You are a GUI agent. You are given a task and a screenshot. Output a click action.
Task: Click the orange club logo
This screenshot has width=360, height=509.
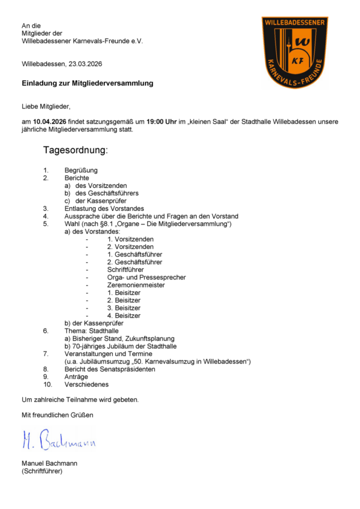click(295, 53)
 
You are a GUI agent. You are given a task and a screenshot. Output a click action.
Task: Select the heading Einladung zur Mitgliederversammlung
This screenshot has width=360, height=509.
click(88, 84)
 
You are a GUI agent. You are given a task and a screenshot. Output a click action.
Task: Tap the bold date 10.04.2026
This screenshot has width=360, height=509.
click(50, 122)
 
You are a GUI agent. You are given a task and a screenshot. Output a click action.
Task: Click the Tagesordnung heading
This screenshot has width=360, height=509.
click(76, 150)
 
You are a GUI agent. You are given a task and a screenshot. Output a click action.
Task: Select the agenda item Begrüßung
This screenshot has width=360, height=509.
click(81, 170)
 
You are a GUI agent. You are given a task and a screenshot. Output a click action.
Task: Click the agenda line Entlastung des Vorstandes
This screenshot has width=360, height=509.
click(104, 208)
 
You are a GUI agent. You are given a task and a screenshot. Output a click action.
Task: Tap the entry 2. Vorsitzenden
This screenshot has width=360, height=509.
click(130, 247)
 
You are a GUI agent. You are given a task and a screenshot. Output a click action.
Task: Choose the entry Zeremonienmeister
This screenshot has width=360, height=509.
click(136, 285)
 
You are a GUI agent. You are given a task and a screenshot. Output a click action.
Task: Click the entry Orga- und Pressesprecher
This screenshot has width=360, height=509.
click(146, 277)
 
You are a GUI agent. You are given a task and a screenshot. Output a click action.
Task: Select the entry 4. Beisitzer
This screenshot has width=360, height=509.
click(124, 315)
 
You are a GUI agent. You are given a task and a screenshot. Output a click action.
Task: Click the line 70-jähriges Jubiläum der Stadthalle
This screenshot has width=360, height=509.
click(120, 346)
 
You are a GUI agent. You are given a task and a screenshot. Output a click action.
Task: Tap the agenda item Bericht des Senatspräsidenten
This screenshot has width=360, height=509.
click(110, 369)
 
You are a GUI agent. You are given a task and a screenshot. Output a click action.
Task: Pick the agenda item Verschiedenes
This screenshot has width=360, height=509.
click(87, 384)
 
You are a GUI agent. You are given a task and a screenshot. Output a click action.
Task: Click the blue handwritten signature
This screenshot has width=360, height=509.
click(59, 439)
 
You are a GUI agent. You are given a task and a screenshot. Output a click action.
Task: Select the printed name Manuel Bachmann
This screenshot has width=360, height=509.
click(50, 463)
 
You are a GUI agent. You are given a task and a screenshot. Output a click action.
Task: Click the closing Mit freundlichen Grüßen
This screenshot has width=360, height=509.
click(57, 415)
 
